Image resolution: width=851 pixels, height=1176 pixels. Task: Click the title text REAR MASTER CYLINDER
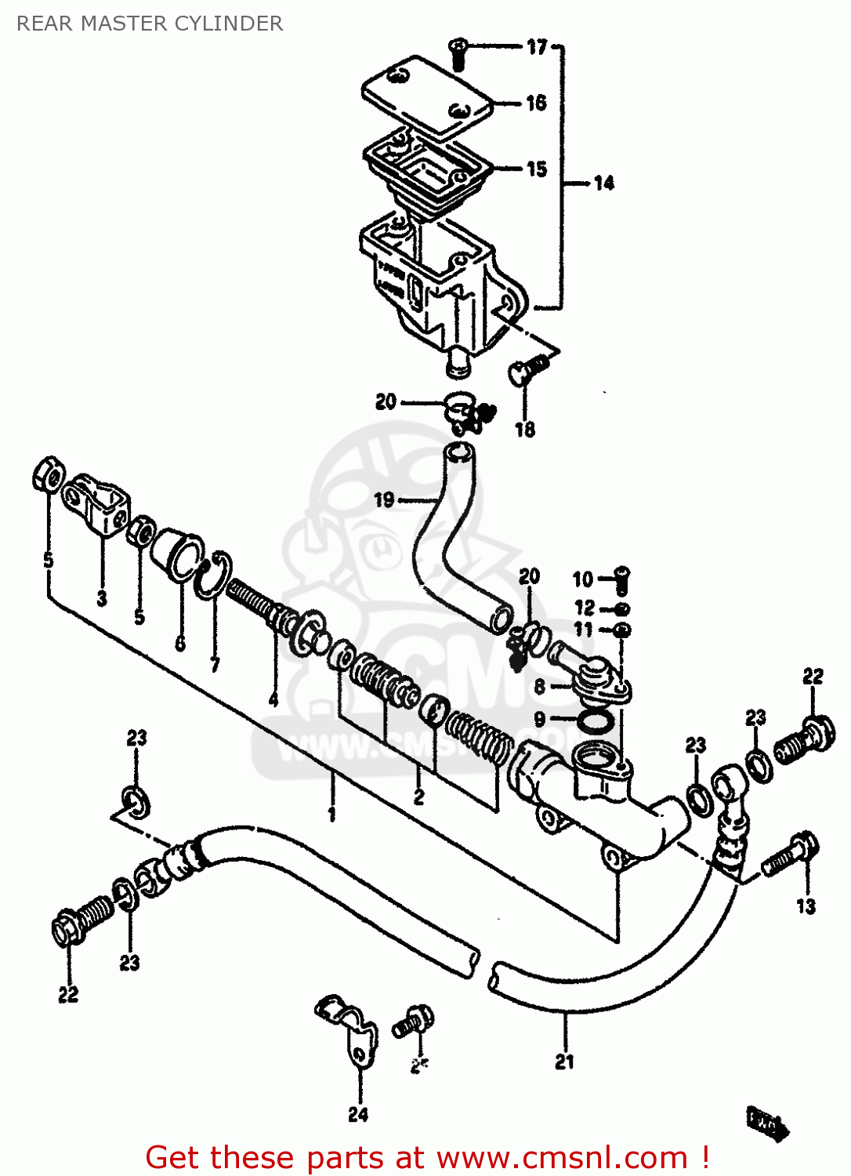[x=150, y=24]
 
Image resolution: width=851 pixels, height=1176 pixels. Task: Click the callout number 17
[x=537, y=47]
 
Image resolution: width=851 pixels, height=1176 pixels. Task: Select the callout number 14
[x=603, y=183]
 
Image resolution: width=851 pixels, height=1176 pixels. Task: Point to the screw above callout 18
[x=530, y=368]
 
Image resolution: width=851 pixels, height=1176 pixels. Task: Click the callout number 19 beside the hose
[x=384, y=499]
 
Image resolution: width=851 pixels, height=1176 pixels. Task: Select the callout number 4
[x=273, y=699]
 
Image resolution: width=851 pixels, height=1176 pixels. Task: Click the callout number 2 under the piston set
[x=419, y=797]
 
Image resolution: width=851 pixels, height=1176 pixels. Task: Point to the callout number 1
[x=332, y=814]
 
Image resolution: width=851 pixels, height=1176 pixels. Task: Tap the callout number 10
[x=582, y=579]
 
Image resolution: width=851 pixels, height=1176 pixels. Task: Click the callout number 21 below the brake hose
[x=565, y=1062]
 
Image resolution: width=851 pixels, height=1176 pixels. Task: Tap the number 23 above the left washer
[x=136, y=738]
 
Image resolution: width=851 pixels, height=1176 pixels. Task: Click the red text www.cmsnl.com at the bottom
[x=560, y=1157]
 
